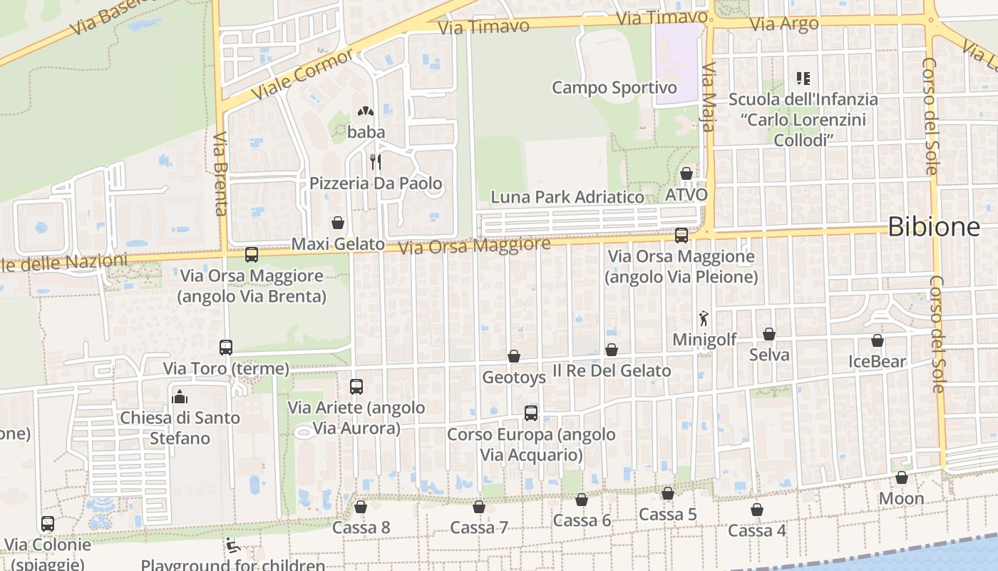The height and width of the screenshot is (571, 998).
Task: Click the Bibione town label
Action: tap(933, 227)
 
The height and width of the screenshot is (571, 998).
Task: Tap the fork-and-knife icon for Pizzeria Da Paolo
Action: tap(376, 162)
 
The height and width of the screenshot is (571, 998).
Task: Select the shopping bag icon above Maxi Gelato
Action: tap(338, 223)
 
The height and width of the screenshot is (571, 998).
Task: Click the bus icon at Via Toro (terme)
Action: tap(226, 348)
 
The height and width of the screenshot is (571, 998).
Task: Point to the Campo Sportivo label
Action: tap(614, 88)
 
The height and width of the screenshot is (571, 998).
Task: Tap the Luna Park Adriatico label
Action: tap(567, 197)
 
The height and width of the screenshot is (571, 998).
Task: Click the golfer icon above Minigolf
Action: tap(704, 318)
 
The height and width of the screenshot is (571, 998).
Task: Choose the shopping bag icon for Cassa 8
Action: tap(361, 507)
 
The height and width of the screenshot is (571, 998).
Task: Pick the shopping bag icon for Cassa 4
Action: tap(757, 510)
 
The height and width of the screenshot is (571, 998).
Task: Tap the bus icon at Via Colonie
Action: tap(48, 524)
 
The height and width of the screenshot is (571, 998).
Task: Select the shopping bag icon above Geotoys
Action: tap(514, 355)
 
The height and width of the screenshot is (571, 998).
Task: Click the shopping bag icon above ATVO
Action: tap(686, 173)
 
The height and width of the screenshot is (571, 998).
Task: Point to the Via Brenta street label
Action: tap(220, 173)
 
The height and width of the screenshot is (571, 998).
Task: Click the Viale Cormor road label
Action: tap(302, 74)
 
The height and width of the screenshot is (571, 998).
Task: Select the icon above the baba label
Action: tap(366, 111)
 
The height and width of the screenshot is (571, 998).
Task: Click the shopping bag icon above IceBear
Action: tap(878, 340)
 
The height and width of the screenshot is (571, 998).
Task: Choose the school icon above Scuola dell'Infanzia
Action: tap(803, 79)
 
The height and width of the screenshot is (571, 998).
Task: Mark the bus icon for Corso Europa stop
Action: tap(531, 413)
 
